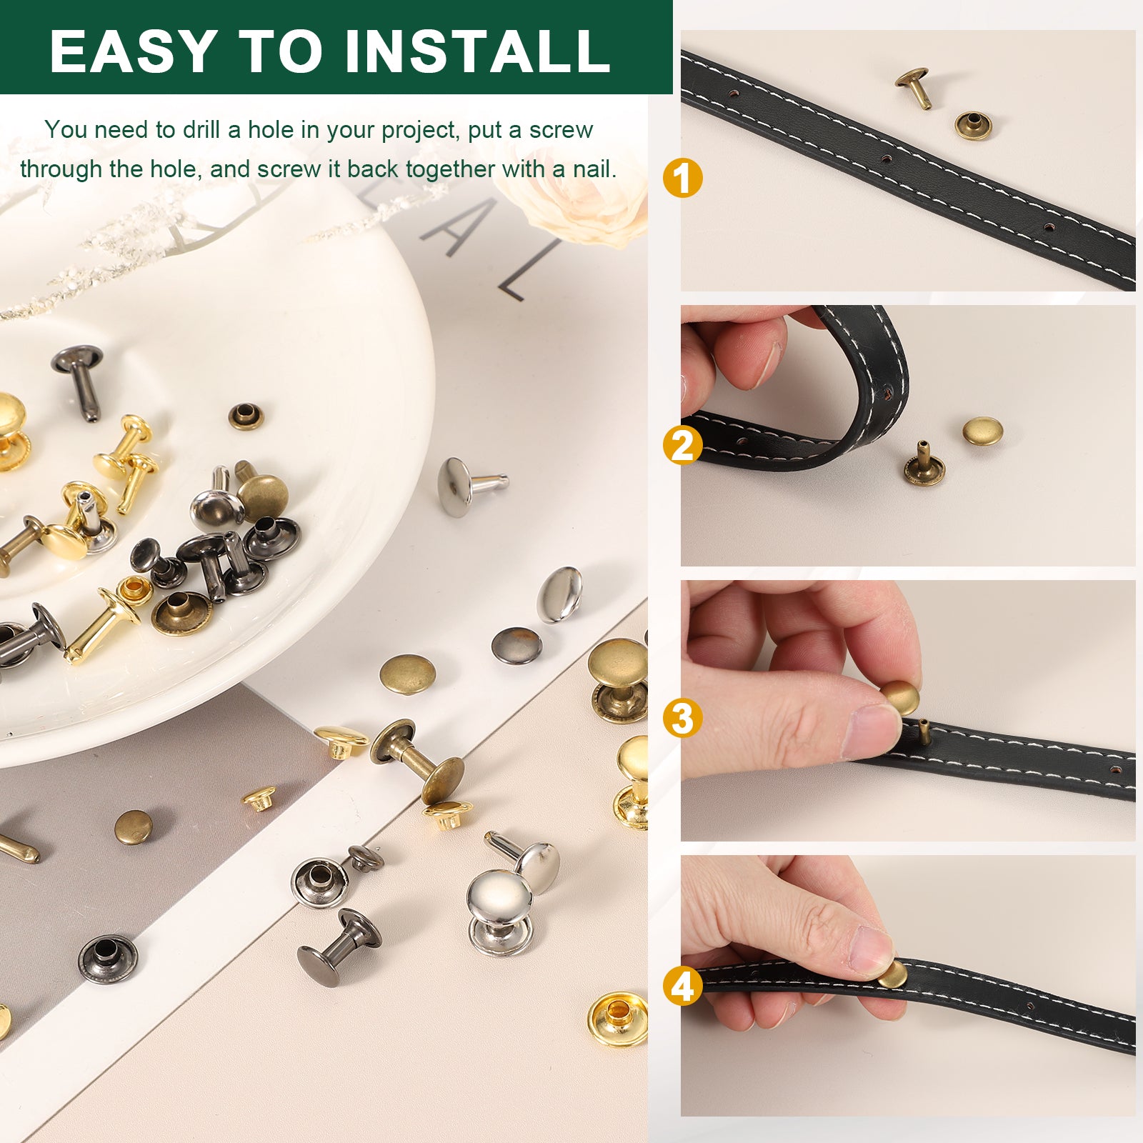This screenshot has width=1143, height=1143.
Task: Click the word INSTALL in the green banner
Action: pyautogui.click(x=477, y=51)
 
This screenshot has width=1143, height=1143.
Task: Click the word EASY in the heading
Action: pyautogui.click(x=134, y=51)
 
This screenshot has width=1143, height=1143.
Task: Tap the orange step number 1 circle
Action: pyautogui.click(x=682, y=178)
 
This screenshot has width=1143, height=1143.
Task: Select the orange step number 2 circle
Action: pyautogui.click(x=682, y=446)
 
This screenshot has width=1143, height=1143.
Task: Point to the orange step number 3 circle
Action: pyautogui.click(x=682, y=718)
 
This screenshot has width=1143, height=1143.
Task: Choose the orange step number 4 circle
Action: pyautogui.click(x=682, y=987)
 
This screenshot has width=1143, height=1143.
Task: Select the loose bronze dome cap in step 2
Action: pyautogui.click(x=982, y=431)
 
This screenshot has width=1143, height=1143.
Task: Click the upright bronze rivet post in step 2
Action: pyautogui.click(x=924, y=465)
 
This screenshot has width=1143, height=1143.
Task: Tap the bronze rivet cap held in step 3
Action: pyautogui.click(x=899, y=697)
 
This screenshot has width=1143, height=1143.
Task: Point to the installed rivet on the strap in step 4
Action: pyautogui.click(x=893, y=974)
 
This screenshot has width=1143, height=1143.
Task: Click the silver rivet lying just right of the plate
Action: pyautogui.click(x=469, y=486)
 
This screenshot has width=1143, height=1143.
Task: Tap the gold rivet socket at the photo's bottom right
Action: pyautogui.click(x=618, y=1018)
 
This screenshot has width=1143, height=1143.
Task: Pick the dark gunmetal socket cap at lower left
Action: pyautogui.click(x=108, y=959)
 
